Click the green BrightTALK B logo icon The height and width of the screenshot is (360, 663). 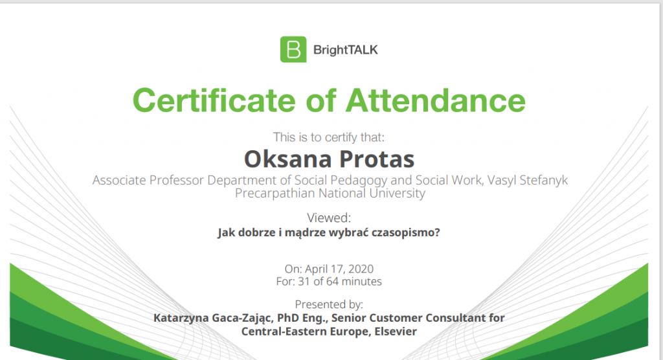point(293,49)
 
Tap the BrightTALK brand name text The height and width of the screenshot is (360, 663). point(346,50)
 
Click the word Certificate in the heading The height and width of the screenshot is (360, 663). point(214,100)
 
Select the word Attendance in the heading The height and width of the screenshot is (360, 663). point(436,100)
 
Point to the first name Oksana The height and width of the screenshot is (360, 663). point(288,159)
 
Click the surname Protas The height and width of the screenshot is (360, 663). point(377,159)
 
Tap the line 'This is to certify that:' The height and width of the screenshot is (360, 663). point(328,137)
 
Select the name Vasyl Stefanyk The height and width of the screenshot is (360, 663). point(527,181)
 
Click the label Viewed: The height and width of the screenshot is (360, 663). point(329,218)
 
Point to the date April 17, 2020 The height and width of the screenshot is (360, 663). point(339,269)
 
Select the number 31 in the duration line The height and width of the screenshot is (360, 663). point(304,282)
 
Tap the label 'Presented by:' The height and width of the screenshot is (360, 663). point(329,304)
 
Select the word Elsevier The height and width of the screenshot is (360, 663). point(396,332)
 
